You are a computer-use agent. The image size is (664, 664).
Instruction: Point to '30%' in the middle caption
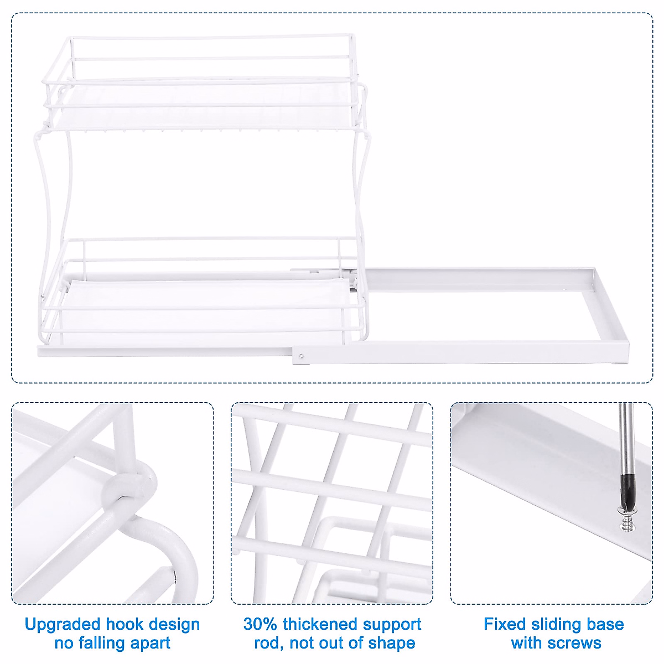click(x=260, y=625)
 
